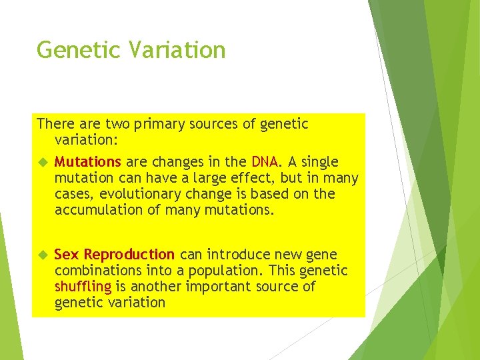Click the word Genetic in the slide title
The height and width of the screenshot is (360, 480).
coord(72,50)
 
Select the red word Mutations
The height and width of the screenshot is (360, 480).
coord(87,162)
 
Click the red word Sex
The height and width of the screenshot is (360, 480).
coord(67,255)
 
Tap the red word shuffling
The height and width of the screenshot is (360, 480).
coord(83,287)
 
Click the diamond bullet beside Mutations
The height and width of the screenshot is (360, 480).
coord(42,162)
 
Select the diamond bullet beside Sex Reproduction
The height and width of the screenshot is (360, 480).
coord(42,255)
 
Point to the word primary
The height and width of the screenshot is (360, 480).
coord(158,125)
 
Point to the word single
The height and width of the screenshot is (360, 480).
coord(320,163)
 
